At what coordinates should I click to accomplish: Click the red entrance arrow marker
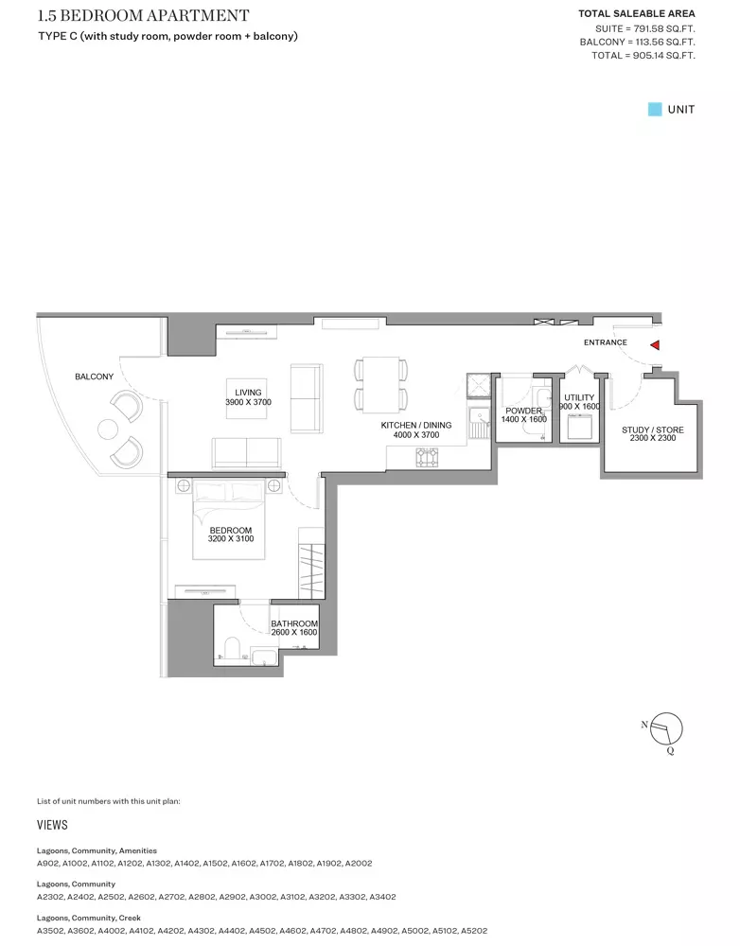(x=655, y=345)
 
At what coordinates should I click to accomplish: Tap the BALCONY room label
(x=95, y=377)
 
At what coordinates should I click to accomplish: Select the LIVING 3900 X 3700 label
(x=248, y=397)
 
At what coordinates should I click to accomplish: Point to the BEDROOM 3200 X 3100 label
(x=231, y=534)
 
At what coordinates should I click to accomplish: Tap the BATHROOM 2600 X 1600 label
(x=294, y=628)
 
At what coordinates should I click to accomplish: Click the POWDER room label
(x=523, y=411)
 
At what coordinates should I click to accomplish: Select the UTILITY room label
(x=579, y=397)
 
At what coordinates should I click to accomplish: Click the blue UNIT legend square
(x=655, y=109)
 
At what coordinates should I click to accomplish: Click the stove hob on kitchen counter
(x=427, y=457)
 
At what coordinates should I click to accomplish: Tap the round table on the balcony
(x=108, y=429)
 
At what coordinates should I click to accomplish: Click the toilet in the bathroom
(x=232, y=648)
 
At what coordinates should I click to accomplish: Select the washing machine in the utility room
(x=579, y=428)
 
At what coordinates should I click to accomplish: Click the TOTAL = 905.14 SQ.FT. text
(x=643, y=56)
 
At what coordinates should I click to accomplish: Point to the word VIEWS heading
(x=52, y=825)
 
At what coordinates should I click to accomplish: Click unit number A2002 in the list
(x=359, y=864)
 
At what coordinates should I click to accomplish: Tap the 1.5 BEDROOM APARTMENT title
(x=144, y=15)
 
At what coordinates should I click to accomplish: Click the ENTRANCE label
(x=606, y=342)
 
